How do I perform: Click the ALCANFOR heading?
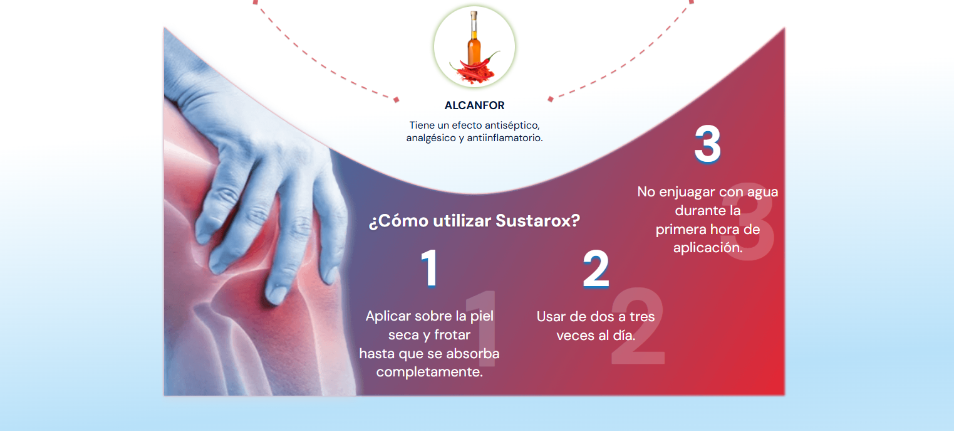[474, 105]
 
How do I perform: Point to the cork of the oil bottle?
[474, 16]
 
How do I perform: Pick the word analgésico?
[430, 138]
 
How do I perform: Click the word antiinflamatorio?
[505, 138]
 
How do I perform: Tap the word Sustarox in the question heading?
[537, 221]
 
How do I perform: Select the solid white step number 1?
[429, 268]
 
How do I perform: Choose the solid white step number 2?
[596, 269]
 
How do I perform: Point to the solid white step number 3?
[707, 144]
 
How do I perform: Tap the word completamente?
[429, 372]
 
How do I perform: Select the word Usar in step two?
[551, 317]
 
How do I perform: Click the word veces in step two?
[576, 336]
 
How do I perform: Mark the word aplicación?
[708, 248]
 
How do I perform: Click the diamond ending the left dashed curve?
[397, 100]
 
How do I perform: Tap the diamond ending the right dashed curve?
[550, 99]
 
